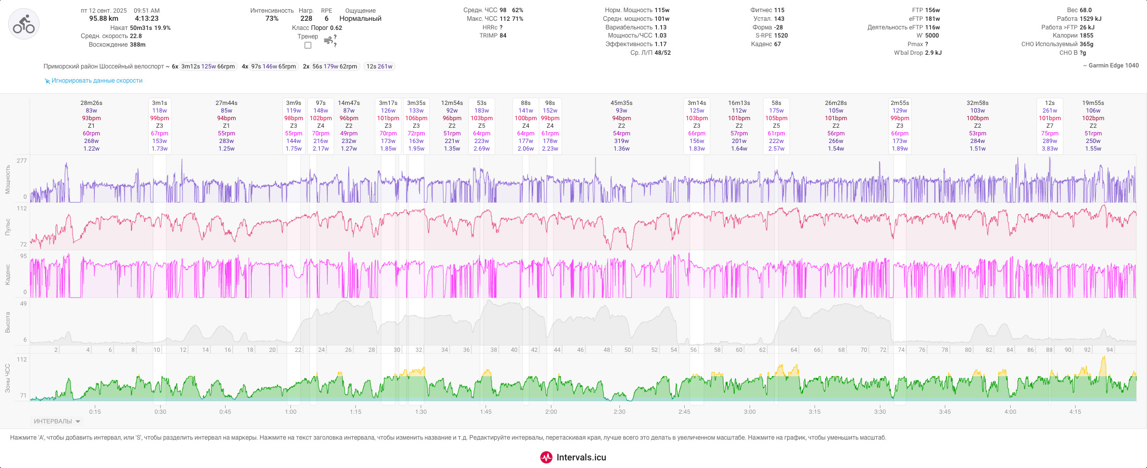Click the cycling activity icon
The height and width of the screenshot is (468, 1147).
pyautogui.click(x=24, y=24)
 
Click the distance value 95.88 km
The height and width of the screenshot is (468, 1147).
pyautogui.click(x=104, y=19)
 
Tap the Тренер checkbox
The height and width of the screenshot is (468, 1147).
pyautogui.click(x=308, y=45)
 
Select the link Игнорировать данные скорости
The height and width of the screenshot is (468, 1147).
pyautogui.click(x=97, y=81)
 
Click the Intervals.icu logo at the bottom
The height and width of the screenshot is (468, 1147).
pyautogui.click(x=573, y=457)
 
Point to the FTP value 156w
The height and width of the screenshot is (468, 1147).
pyautogui.click(x=933, y=10)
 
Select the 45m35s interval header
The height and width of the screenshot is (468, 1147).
pyautogui.click(x=621, y=103)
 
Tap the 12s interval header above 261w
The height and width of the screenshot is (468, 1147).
pyautogui.click(x=1050, y=103)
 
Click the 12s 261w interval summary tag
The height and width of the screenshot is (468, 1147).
pyautogui.click(x=379, y=66)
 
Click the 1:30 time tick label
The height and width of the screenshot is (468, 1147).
pyautogui.click(x=421, y=412)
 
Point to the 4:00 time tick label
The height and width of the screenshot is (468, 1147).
pyautogui.click(x=1010, y=412)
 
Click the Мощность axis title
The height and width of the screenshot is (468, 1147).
pyautogui.click(x=8, y=179)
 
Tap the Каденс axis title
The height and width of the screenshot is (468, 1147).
pyautogui.click(x=8, y=274)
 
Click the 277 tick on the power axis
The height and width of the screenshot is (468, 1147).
pyautogui.click(x=21, y=161)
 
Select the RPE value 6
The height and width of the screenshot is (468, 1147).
pyautogui.click(x=326, y=19)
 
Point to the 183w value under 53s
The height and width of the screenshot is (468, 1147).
pyautogui.click(x=482, y=111)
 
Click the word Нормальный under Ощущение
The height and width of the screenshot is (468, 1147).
pyautogui.click(x=360, y=19)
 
